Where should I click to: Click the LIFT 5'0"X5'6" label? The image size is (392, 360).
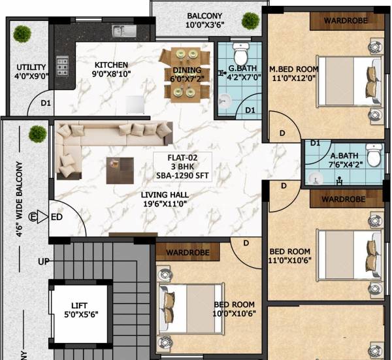78,310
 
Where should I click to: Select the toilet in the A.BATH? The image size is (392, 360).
374,157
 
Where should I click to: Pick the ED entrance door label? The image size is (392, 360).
57,217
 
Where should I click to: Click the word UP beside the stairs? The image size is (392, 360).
44,262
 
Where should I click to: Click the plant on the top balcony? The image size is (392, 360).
249,20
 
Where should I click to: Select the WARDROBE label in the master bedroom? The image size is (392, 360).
346,20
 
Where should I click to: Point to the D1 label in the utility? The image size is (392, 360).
46,103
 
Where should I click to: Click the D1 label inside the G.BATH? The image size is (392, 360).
250,110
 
